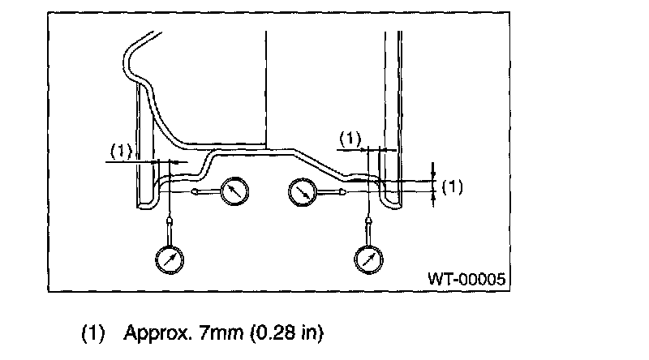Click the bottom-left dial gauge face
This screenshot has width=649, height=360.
(x=170, y=259)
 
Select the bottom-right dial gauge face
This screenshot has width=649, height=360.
(x=369, y=259)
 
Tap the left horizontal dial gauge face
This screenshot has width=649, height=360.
(x=234, y=192)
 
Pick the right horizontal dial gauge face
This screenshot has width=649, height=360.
(x=303, y=192)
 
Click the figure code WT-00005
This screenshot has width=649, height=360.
(x=467, y=278)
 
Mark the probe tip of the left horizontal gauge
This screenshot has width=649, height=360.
(x=195, y=192)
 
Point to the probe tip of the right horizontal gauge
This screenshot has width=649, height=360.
(x=343, y=192)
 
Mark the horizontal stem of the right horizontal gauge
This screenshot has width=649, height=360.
(x=328, y=192)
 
